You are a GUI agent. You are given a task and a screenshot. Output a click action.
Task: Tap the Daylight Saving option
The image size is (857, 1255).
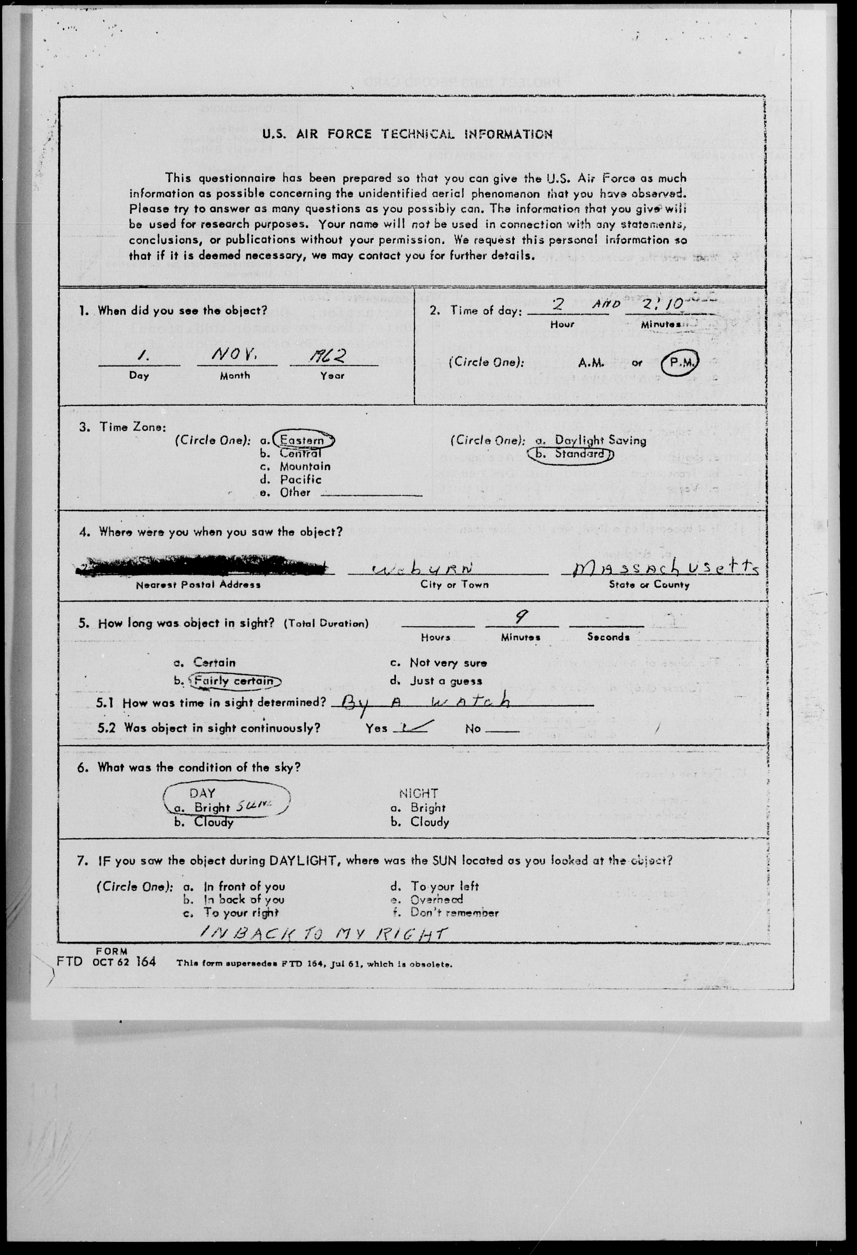coord(600,440)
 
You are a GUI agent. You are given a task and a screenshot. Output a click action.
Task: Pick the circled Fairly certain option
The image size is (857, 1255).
coord(234,681)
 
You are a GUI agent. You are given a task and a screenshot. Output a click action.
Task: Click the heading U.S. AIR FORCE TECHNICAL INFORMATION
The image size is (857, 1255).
coord(407,134)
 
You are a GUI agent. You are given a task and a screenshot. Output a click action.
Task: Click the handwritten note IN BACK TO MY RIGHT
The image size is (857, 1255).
coord(324,932)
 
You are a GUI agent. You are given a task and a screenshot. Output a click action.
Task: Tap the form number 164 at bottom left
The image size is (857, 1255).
coord(146,961)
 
